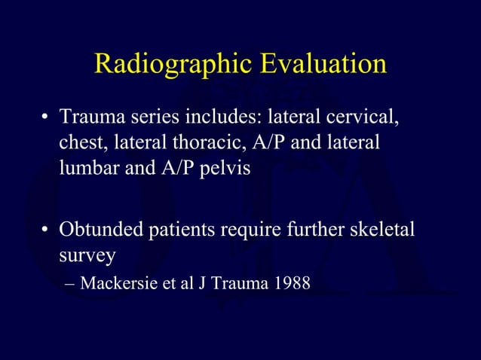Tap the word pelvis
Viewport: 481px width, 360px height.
[222, 167]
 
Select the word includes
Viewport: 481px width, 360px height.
[213, 119]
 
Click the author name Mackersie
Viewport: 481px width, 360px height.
[115, 285]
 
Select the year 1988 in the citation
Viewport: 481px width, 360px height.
[292, 285]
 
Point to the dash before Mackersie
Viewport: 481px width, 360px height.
[70, 285]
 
